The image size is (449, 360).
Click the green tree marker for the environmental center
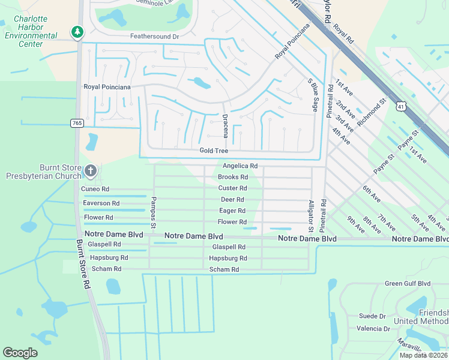77,31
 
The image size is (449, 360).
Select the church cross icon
90,172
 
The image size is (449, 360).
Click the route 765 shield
77,122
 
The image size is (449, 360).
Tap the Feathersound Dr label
155,37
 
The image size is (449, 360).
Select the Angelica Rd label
240,166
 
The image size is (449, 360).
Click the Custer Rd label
232,188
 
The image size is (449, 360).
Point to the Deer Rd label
232,199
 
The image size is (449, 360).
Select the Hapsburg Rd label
228,258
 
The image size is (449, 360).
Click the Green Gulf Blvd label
408,283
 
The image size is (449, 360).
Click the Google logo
20,353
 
